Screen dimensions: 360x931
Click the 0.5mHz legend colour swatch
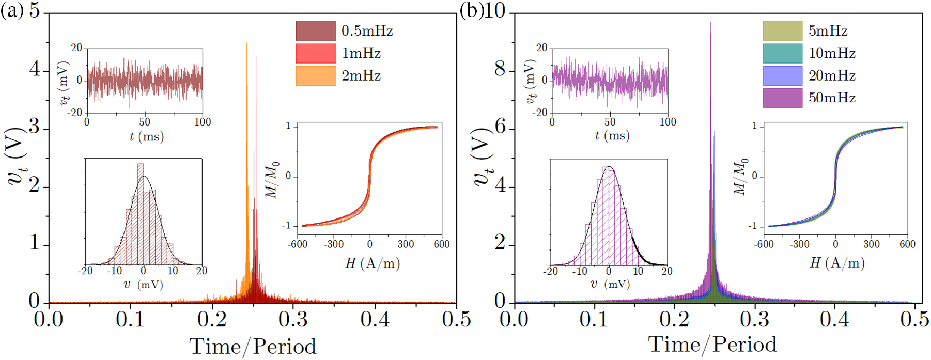click(x=316, y=31)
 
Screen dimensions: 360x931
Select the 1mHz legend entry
click(x=316, y=53)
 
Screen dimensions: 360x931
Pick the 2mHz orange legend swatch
click(x=316, y=75)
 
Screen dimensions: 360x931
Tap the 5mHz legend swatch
click(x=783, y=31)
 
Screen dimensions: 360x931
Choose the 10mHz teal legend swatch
click(x=783, y=53)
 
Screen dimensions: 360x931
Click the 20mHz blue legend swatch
click(x=783, y=75)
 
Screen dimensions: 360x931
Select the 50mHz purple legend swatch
click(x=783, y=98)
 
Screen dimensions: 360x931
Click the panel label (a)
click(x=11, y=11)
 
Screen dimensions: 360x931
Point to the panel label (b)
click(x=471, y=11)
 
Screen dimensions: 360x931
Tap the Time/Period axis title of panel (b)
click(x=712, y=345)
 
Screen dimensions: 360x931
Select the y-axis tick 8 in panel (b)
click(x=500, y=69)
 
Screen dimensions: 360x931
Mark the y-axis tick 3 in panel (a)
click(x=35, y=127)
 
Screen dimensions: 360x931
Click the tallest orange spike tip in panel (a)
click(x=246, y=43)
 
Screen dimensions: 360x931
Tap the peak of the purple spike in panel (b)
click(x=711, y=22)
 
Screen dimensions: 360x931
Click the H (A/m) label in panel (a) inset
click(x=373, y=263)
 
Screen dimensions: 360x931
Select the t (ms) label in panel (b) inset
click(x=611, y=136)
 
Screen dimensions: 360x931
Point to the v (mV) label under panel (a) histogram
click(x=144, y=284)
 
